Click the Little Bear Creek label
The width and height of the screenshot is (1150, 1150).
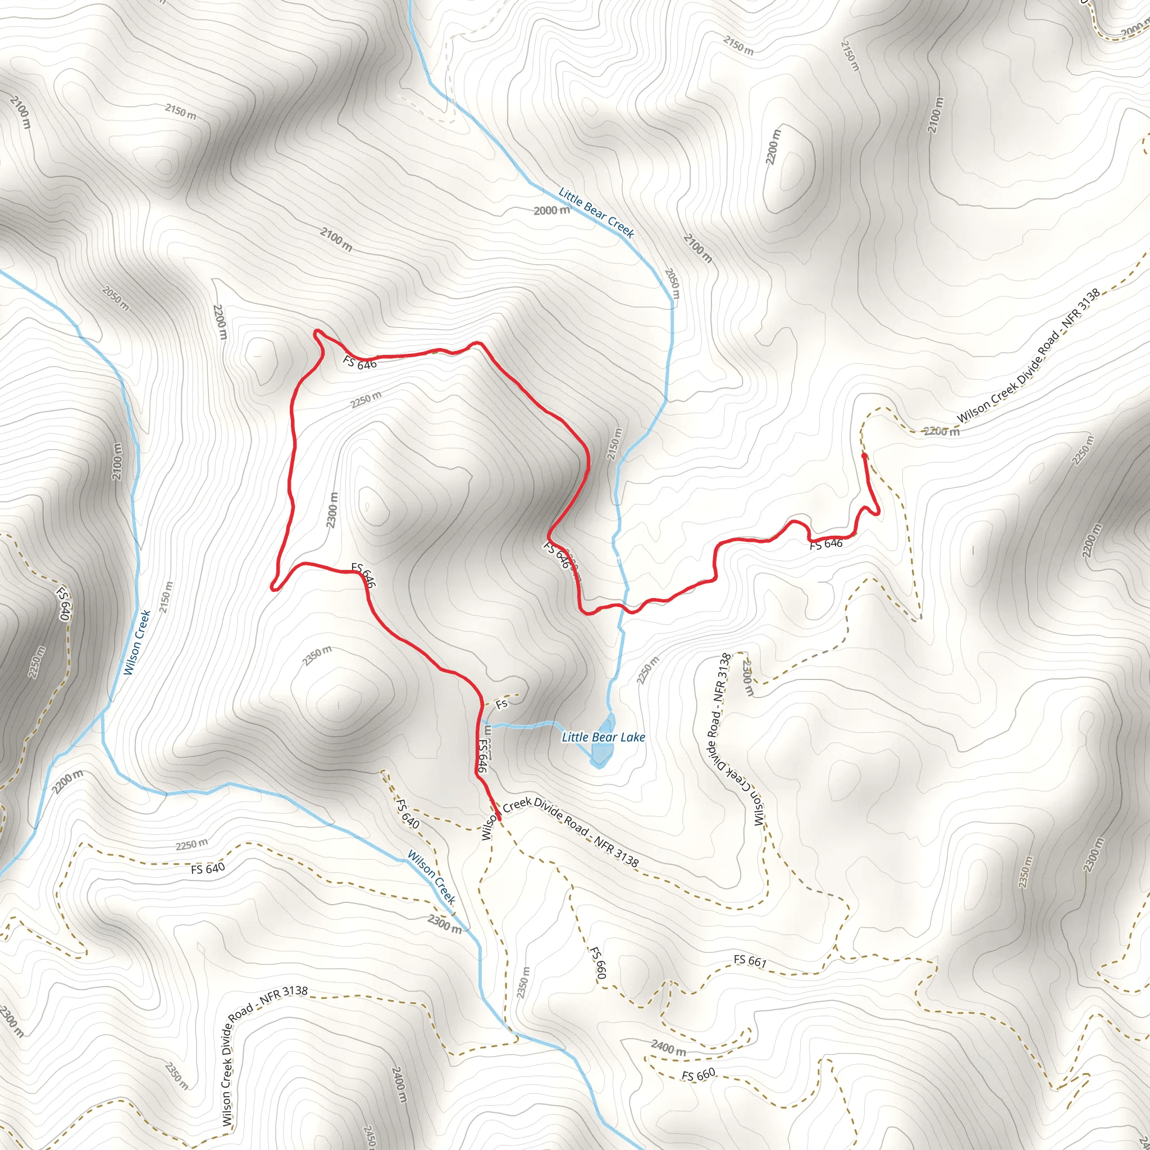point(596,212)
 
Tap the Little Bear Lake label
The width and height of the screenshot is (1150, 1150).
point(603,737)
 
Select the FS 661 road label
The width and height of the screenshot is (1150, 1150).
point(750,960)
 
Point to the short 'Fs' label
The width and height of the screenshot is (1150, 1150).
point(502,704)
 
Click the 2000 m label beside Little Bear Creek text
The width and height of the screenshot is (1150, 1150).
point(551,210)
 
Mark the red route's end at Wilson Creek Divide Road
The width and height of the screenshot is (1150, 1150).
point(498,819)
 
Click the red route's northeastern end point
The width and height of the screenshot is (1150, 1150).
point(864,455)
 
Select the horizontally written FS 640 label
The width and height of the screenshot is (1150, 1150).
point(208,869)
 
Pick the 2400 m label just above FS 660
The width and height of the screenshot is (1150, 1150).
point(668,1048)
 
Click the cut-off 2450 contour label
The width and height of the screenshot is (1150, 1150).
point(369,1137)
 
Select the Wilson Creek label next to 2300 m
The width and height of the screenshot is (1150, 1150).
point(432,878)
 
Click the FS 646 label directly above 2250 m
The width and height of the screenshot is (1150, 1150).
point(360,362)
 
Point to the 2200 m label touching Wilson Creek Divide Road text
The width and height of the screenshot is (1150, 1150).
point(942,431)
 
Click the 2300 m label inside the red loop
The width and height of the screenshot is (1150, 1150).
point(332,509)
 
